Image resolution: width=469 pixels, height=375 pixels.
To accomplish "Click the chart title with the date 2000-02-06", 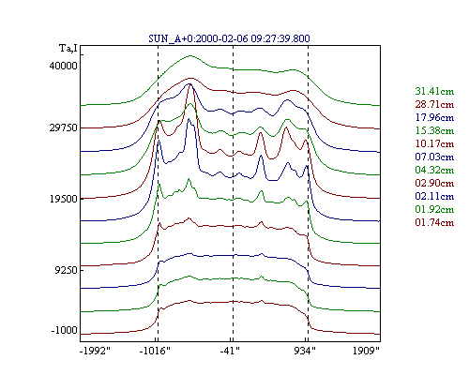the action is point(229,38).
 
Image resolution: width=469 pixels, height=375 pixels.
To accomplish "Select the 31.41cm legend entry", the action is point(434,91).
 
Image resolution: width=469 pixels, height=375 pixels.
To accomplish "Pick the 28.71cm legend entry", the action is point(434,104).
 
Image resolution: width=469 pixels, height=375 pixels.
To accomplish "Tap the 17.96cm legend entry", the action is point(434,117).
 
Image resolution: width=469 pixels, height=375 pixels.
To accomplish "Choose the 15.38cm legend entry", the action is point(434,130).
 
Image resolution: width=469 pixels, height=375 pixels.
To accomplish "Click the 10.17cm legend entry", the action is point(434,143).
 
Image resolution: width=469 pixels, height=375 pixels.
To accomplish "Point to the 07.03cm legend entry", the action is point(434,157).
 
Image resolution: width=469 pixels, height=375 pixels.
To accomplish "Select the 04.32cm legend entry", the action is point(434,170).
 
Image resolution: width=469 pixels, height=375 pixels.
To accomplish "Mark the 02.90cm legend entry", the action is point(434,183).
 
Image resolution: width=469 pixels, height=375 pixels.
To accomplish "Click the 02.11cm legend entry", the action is point(434,196).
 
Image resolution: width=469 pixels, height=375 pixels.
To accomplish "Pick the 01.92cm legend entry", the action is point(434,209).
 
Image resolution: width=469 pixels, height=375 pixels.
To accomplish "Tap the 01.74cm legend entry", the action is point(434,222).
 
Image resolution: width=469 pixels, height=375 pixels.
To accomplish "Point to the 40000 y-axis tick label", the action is point(63,66).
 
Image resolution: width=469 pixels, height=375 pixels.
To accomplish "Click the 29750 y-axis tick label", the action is point(63,127).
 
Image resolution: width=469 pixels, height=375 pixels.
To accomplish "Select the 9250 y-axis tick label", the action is point(66,270).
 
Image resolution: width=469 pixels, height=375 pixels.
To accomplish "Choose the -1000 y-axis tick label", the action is point(64,330).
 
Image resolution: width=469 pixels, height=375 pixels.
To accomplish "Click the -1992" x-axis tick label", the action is point(96,351).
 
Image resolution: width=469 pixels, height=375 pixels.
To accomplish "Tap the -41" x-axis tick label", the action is point(230,351).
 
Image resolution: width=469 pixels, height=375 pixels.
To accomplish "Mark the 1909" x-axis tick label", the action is point(366,351).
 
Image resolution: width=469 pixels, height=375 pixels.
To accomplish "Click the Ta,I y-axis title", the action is point(68,49).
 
